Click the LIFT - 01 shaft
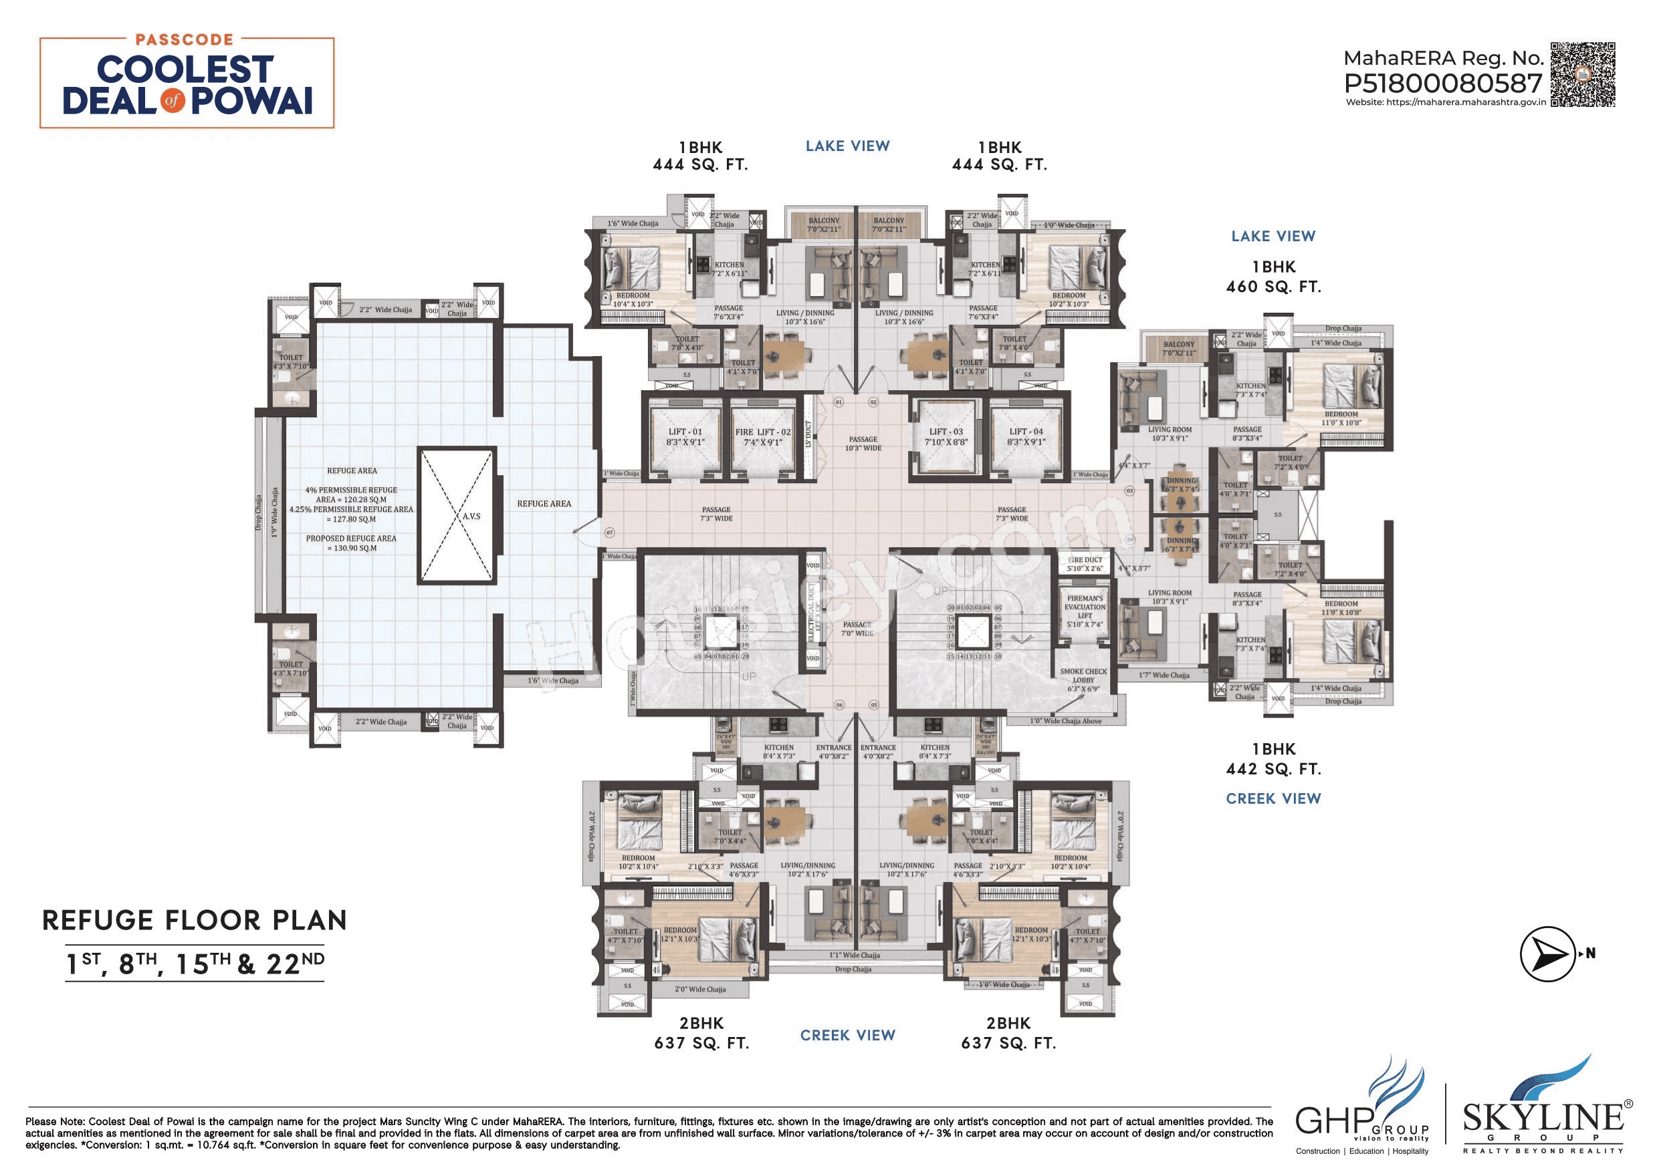[x=684, y=437]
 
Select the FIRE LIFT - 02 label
[x=763, y=437]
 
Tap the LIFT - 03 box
[x=946, y=436]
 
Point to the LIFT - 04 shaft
[x=1026, y=436]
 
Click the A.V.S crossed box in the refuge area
[x=457, y=516]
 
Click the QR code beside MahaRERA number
[x=1582, y=74]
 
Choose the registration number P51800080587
[x=1442, y=84]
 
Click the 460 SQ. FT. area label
[x=1273, y=287]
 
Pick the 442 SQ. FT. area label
[x=1273, y=769]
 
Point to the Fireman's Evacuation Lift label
[x=1085, y=611]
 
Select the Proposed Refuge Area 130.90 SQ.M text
[x=351, y=543]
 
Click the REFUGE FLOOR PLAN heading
[x=195, y=920]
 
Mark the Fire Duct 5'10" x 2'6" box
[x=1085, y=564]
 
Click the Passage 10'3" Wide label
[x=863, y=444]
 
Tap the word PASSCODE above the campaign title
[x=185, y=39]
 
